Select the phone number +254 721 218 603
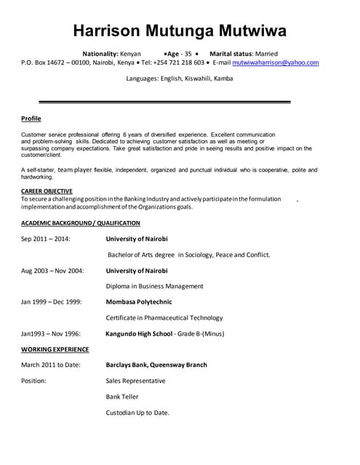click(177, 62)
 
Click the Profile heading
click(31, 118)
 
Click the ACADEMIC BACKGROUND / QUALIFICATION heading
click(81, 222)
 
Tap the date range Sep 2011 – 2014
click(46, 238)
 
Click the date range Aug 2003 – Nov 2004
click(52, 270)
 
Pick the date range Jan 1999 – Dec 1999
click(51, 302)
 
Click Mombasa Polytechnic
click(144, 302)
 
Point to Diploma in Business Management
click(154, 286)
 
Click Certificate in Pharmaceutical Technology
click(164, 318)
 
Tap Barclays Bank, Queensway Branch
click(156, 365)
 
